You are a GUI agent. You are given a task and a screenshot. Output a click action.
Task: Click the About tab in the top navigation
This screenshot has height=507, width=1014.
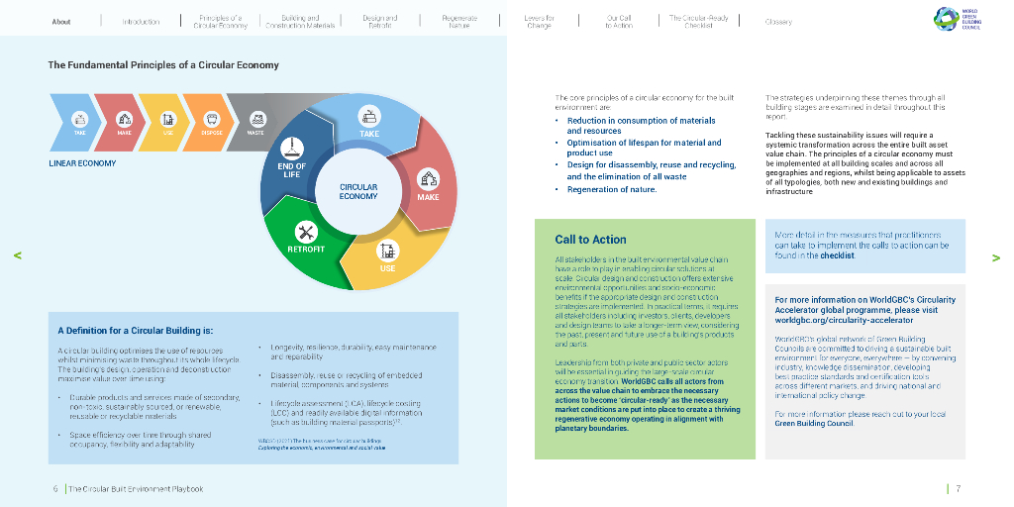(x=61, y=21)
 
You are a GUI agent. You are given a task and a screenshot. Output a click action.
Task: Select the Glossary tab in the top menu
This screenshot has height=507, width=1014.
(x=778, y=21)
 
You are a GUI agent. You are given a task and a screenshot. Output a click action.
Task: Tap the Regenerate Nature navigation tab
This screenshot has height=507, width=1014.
(x=458, y=21)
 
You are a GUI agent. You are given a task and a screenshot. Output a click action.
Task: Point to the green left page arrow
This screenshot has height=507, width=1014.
(x=18, y=255)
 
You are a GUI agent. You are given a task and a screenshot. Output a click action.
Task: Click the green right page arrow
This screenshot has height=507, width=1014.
(x=995, y=257)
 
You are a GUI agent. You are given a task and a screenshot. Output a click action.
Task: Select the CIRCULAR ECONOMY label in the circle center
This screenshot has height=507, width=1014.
(x=358, y=191)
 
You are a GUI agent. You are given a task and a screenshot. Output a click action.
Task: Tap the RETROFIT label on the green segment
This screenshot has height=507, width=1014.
(x=306, y=250)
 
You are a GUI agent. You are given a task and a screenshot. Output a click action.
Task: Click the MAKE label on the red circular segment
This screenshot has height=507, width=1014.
(x=428, y=197)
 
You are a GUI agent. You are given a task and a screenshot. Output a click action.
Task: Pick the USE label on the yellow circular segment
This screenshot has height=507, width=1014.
(x=387, y=268)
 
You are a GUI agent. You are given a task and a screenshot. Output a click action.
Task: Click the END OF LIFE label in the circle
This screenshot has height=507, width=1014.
(x=292, y=170)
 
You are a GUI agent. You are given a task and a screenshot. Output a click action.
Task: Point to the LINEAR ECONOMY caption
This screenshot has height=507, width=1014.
(x=82, y=163)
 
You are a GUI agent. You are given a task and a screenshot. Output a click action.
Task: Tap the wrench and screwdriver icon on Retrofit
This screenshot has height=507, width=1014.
(x=306, y=232)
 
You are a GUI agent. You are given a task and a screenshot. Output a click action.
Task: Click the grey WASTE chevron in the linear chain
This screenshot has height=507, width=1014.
(x=256, y=123)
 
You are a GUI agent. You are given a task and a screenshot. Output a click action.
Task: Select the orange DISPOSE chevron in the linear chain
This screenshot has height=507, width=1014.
(x=212, y=123)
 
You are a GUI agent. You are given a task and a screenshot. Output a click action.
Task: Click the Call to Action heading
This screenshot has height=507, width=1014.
(x=590, y=240)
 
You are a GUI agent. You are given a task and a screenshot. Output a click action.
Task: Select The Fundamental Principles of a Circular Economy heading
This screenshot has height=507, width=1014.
(x=163, y=65)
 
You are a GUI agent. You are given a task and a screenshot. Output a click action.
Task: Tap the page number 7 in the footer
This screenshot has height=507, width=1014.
(x=958, y=488)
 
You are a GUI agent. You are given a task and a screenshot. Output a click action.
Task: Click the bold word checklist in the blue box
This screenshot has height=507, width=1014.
(x=837, y=255)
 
